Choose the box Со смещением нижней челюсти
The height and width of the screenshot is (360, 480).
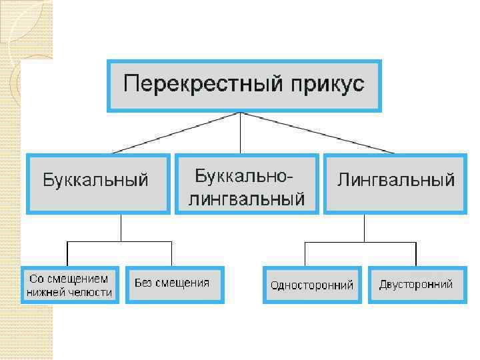pos(70,285)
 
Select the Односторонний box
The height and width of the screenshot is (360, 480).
pos(312,285)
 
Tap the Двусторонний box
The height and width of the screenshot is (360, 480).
pos(415,285)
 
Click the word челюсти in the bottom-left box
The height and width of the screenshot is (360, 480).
pos(91,292)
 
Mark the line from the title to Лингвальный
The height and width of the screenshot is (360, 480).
pos(313,133)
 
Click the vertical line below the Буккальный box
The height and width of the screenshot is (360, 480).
pos(120,228)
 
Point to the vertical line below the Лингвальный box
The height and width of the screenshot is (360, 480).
pos(364,228)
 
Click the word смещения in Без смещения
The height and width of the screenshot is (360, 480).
pos(183,283)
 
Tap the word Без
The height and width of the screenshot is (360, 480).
pos(144,283)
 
